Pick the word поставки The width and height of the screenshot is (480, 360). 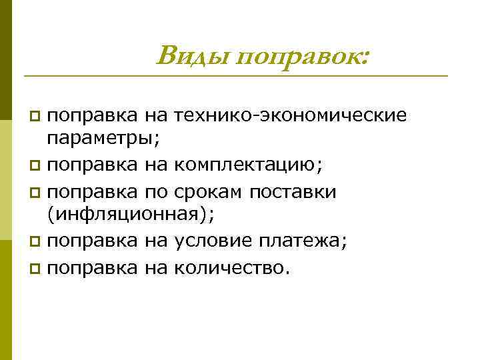[x=293, y=192]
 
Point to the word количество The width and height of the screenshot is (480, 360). [x=232, y=268]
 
